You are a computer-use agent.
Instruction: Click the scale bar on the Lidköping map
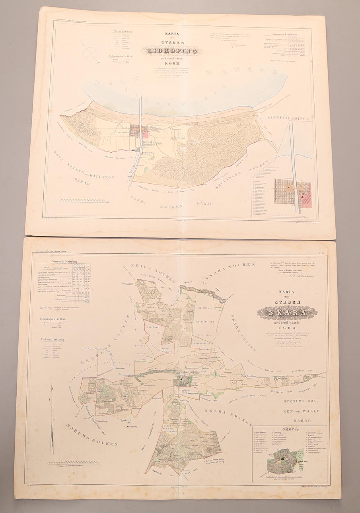(x=82, y=200)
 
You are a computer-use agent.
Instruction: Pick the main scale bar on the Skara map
(x=74, y=462)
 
